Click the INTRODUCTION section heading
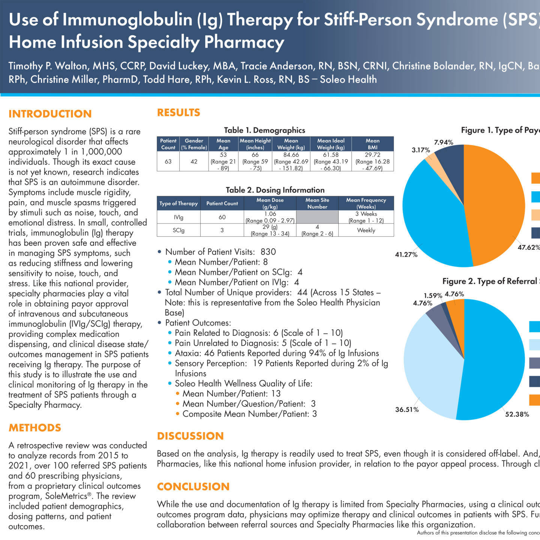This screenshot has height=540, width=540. (x=50, y=114)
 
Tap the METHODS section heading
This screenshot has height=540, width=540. (x=35, y=427)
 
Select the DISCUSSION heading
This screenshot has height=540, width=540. (x=190, y=436)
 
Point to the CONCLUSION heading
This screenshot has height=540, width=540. (x=193, y=486)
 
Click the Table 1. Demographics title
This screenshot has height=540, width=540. (x=264, y=130)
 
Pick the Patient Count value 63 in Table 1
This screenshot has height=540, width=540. (x=168, y=161)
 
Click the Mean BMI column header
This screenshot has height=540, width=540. (x=372, y=144)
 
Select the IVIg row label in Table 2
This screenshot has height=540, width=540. (x=178, y=217)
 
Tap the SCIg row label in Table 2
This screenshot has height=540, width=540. (x=178, y=230)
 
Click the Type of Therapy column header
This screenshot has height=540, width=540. (x=178, y=203)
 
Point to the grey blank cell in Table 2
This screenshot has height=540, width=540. (x=317, y=217)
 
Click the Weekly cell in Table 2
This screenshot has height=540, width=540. (x=366, y=230)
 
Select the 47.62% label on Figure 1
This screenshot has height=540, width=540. (x=528, y=247)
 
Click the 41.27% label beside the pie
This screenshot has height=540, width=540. (x=406, y=255)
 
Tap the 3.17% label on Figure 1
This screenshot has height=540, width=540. (x=421, y=150)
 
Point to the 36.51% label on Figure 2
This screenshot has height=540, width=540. (x=407, y=409)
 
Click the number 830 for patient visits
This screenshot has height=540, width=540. (x=268, y=252)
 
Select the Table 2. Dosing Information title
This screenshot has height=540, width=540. (x=275, y=190)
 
